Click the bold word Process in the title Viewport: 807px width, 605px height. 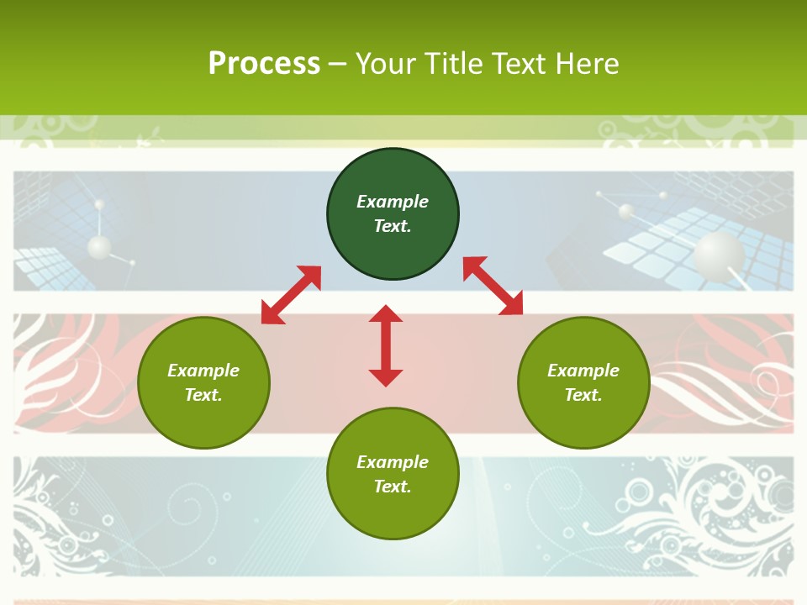click(264, 64)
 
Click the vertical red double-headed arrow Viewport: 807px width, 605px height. click(386, 346)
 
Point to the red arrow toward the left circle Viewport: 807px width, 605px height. click(291, 295)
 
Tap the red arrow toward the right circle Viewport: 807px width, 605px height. click(493, 286)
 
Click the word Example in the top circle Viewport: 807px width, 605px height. click(393, 202)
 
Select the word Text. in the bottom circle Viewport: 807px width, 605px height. click(393, 487)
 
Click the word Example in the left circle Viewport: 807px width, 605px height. click(203, 371)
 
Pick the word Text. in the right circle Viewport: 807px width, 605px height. click(583, 395)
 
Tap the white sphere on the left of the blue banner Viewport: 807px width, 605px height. click(99, 247)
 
